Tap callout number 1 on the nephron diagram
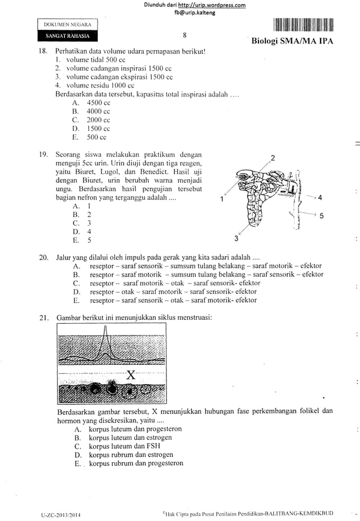point(222,198)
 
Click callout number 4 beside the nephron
point(319,198)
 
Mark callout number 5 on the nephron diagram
point(319,215)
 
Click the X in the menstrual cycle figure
point(131,375)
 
